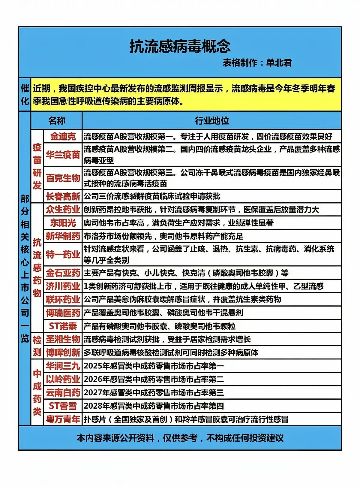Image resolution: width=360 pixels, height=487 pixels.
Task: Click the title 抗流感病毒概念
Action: point(180,47)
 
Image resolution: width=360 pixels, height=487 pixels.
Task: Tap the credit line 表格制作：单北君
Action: point(257,63)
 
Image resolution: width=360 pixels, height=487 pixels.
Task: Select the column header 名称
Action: point(57,121)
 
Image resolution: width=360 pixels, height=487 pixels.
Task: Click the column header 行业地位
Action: point(212,121)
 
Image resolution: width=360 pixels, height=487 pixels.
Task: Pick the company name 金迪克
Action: point(63,137)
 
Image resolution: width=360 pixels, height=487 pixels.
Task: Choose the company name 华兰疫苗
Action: point(63,155)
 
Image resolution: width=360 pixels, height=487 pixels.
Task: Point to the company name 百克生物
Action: point(63,178)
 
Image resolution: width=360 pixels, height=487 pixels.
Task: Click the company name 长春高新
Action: point(63,196)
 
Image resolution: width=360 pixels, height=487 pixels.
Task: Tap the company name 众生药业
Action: point(63,210)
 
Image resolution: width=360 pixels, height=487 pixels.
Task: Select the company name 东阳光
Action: point(63,223)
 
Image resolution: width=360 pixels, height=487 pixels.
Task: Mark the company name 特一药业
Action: point(63,255)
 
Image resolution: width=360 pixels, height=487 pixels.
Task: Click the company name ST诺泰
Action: point(63,326)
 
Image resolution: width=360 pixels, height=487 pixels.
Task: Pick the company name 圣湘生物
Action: point(63,339)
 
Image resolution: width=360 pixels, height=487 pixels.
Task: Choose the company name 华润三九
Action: point(63,366)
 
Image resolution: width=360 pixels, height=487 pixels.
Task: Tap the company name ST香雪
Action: point(63,406)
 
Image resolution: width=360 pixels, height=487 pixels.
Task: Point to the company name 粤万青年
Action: point(63,419)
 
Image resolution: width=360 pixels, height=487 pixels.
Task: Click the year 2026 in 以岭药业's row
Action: point(93,380)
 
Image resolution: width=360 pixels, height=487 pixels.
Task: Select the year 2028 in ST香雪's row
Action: point(93,406)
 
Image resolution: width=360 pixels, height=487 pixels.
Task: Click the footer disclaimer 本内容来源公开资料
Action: point(115,438)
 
